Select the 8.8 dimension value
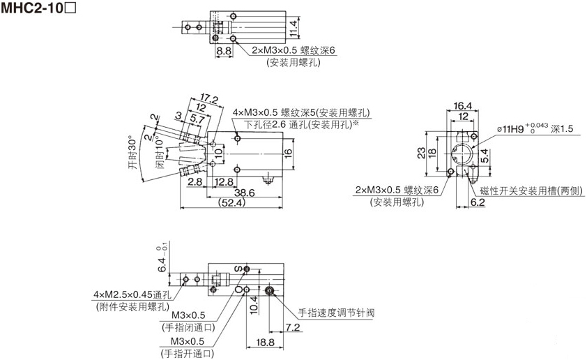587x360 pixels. point(223,51)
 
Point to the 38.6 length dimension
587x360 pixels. point(244,192)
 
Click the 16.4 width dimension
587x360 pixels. point(463,106)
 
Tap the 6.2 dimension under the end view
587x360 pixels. point(478,202)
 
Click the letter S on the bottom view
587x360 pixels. point(236,269)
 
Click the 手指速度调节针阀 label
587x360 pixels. point(337,313)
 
